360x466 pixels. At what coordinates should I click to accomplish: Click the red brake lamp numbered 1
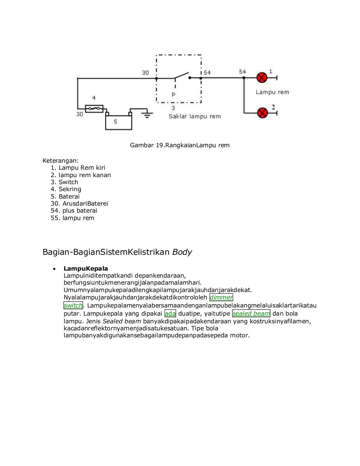pyautogui.click(x=262, y=77)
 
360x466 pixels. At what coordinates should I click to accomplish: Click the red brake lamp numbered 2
pyautogui.click(x=263, y=113)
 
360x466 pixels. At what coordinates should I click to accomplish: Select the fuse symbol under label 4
pyautogui.click(x=94, y=109)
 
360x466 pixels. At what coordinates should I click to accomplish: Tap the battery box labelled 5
pyautogui.click(x=119, y=122)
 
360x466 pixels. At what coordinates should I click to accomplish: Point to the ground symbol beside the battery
pyautogui.click(x=147, y=115)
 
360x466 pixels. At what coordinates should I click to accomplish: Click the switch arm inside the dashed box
pyautogui.click(x=181, y=75)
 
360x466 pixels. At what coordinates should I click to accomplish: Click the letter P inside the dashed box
pyautogui.click(x=173, y=95)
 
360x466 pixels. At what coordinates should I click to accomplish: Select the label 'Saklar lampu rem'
pyautogui.click(x=194, y=116)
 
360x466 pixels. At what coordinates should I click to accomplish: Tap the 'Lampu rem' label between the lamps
pyautogui.click(x=272, y=92)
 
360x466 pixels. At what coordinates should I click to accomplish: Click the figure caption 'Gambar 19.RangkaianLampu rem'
pyautogui.click(x=180, y=145)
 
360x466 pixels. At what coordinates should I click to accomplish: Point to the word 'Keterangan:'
pyautogui.click(x=60, y=161)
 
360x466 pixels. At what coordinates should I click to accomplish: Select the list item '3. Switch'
pyautogui.click(x=64, y=182)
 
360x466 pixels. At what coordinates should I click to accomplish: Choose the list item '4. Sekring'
pyautogui.click(x=66, y=189)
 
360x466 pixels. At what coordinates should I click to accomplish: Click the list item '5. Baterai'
pyautogui.click(x=65, y=196)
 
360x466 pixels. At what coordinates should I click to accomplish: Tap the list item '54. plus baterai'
pyautogui.click(x=74, y=211)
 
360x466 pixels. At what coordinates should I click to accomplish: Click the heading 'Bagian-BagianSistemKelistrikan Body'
pyautogui.click(x=117, y=252)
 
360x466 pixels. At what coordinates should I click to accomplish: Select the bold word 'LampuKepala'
pyautogui.click(x=86, y=268)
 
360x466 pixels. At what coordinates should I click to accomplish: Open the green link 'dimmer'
pyautogui.click(x=221, y=297)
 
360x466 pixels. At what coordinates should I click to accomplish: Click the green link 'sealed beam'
pyautogui.click(x=251, y=313)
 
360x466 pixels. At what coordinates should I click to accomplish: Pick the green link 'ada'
pyautogui.click(x=170, y=313)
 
